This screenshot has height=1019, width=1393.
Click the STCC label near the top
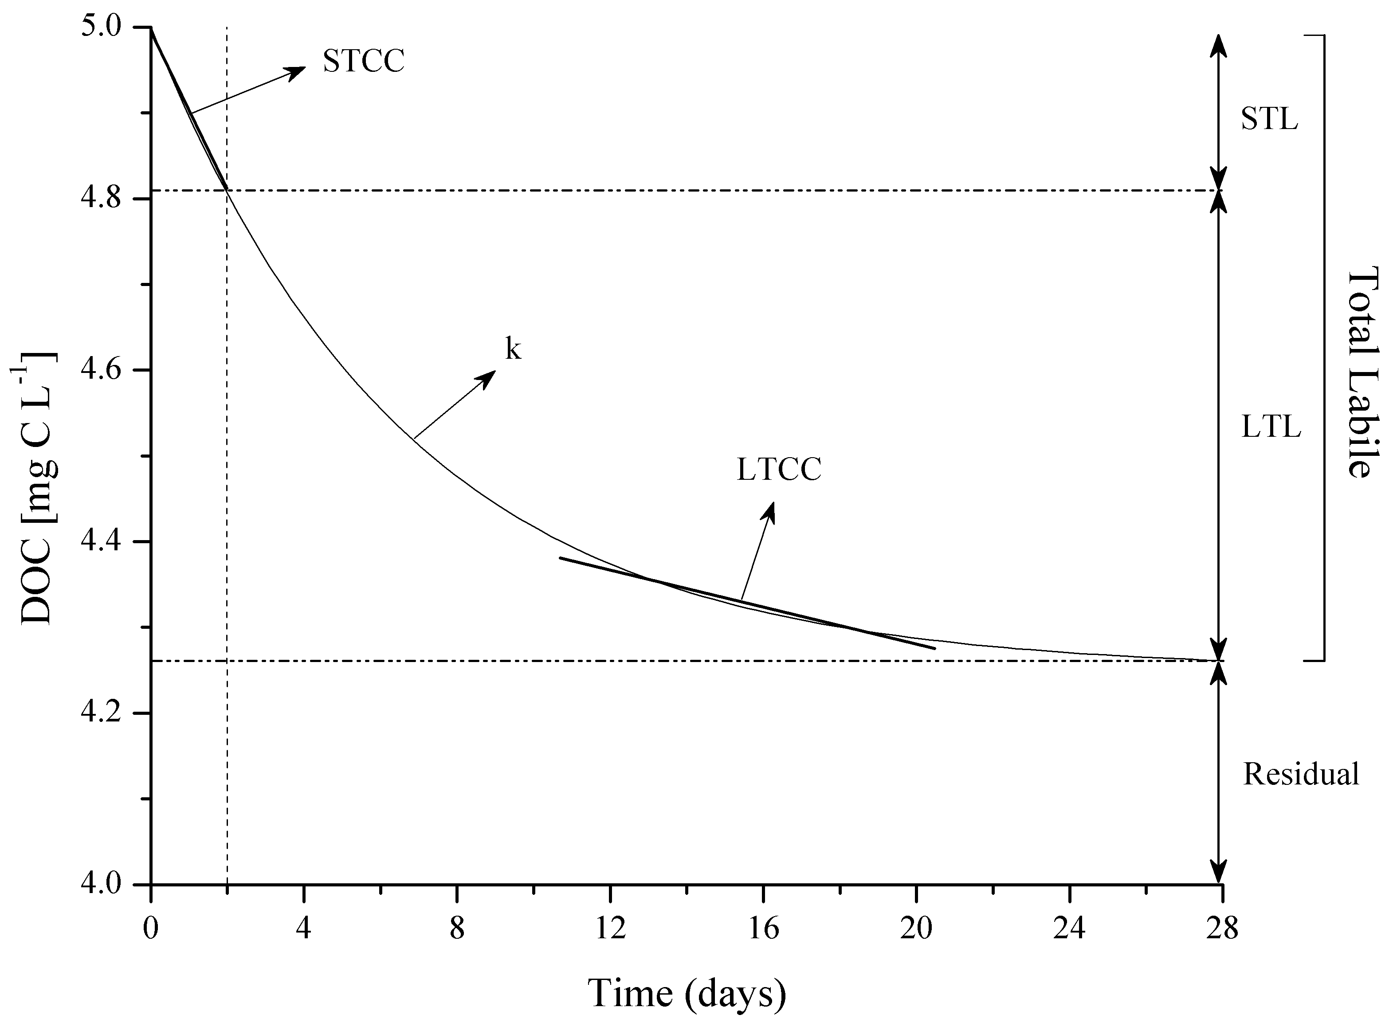pyautogui.click(x=363, y=62)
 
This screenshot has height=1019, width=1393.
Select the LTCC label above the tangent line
pyautogui.click(x=779, y=470)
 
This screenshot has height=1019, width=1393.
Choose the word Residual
pyautogui.click(x=1300, y=774)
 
